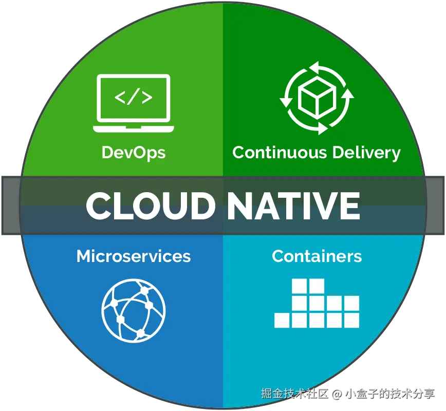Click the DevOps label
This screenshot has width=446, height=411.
point(134,153)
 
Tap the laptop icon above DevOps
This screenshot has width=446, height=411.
point(134,103)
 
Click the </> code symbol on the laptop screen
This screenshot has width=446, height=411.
point(134,97)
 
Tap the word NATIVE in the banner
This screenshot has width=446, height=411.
point(293,206)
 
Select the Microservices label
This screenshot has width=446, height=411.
point(134,256)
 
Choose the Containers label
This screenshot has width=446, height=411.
point(317,256)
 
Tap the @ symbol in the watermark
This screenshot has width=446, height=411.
point(336,394)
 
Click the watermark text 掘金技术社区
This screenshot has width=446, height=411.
point(294,394)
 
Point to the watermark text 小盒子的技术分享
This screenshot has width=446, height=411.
point(389,394)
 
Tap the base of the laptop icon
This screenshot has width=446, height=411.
point(134,128)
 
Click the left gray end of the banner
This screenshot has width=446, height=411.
point(9,206)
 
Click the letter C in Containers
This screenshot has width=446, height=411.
point(277,256)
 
